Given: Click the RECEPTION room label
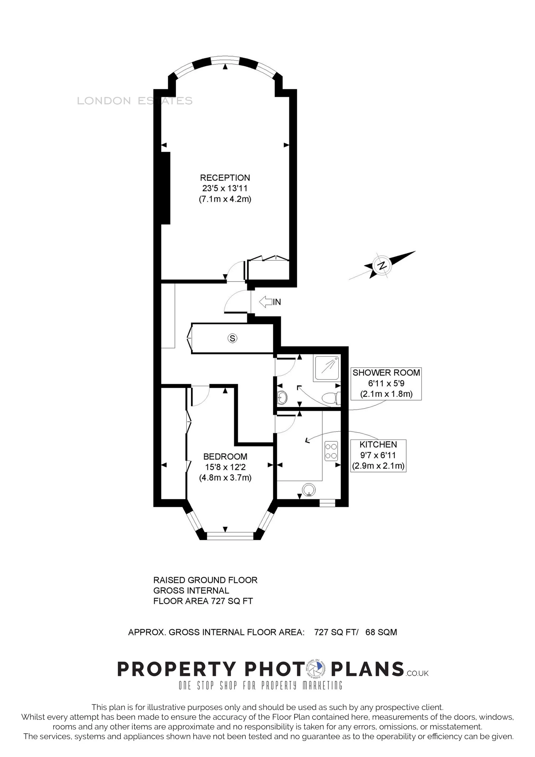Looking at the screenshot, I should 225,178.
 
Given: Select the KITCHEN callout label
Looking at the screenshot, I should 378,445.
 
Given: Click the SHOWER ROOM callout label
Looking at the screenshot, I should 386,373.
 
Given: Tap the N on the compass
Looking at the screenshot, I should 382,265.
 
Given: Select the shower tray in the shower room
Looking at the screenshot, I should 327,367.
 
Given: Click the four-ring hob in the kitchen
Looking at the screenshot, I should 331,451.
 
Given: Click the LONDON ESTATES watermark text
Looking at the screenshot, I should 134,101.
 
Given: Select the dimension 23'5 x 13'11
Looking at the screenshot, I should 225,189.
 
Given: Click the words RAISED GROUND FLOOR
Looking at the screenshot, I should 205,580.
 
